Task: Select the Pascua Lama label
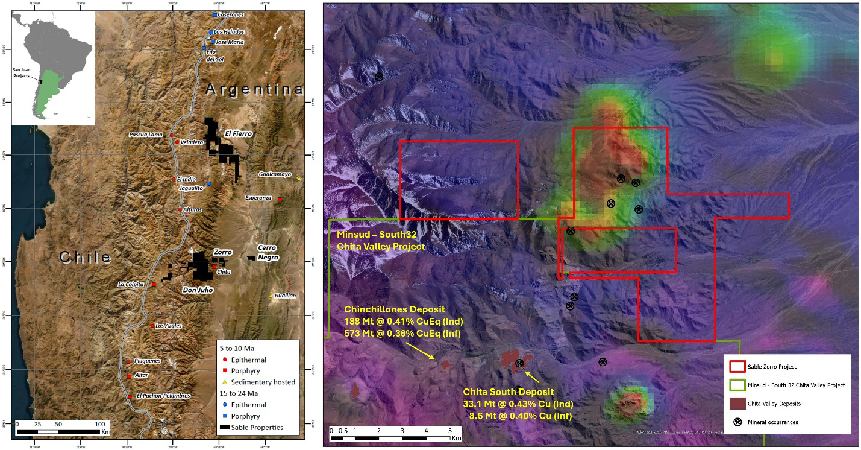(146, 135)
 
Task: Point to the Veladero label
(192, 142)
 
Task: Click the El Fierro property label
(237, 133)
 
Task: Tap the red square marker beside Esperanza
(280, 199)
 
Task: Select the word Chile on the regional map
(86, 257)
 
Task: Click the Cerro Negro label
(268, 252)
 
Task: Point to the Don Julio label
(198, 290)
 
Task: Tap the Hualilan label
(286, 296)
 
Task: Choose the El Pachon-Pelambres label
(163, 396)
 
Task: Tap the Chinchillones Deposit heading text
(394, 309)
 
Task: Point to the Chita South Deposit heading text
(508, 392)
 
